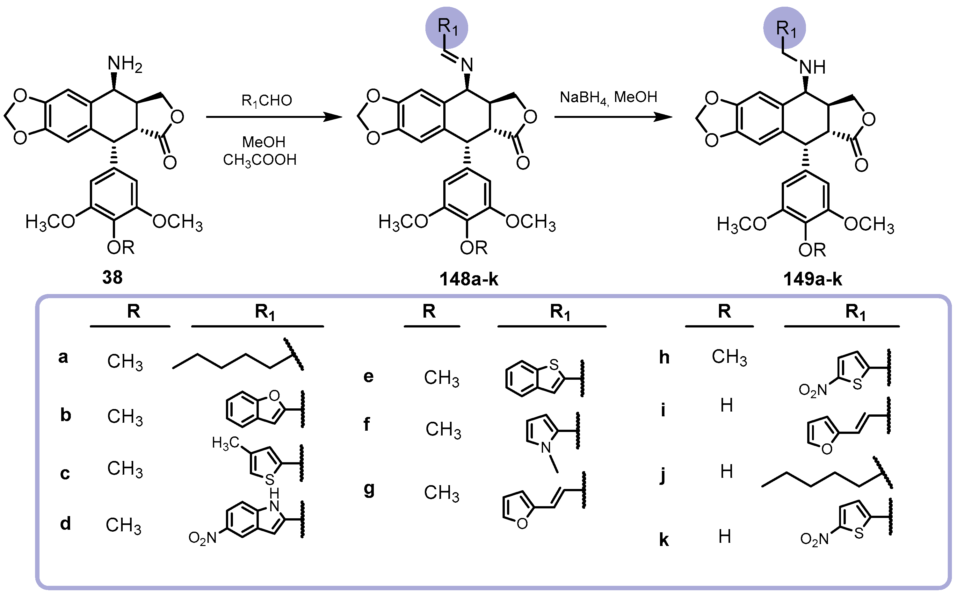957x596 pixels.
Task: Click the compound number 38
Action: (112, 277)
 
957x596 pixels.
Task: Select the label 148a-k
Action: (468, 279)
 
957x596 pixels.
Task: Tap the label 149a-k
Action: (812, 279)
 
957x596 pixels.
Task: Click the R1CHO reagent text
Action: (266, 101)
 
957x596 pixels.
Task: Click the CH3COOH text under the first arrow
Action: (259, 160)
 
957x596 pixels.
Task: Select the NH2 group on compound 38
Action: (125, 64)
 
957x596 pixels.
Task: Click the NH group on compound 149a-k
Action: (812, 68)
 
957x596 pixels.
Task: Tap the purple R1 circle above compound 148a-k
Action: (446, 28)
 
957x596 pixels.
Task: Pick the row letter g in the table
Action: (369, 490)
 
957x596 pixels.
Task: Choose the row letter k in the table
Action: (664, 540)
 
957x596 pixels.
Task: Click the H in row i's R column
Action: (726, 405)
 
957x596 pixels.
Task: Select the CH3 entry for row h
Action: (729, 357)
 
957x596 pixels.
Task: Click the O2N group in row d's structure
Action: (202, 538)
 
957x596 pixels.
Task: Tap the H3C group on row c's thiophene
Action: (225, 443)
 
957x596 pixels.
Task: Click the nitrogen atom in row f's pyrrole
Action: (546, 447)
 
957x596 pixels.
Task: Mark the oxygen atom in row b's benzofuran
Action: (274, 395)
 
